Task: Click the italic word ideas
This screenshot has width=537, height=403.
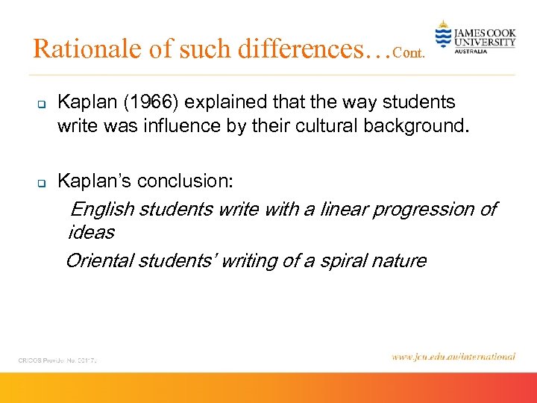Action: (91, 233)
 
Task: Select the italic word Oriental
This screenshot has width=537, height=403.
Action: (97, 261)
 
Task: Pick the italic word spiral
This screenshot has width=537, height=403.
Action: (344, 261)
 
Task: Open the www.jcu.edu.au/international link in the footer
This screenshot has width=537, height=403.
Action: (453, 357)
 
